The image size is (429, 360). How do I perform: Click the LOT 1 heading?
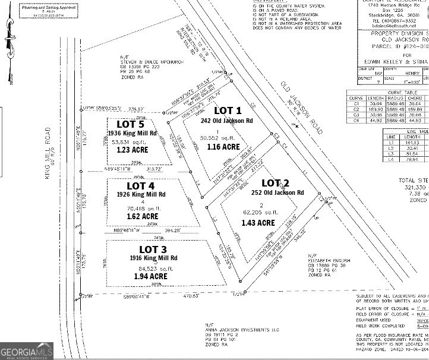(x=228, y=110)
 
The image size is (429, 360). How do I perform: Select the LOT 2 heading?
(x=275, y=182)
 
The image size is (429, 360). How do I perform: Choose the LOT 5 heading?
(x=130, y=124)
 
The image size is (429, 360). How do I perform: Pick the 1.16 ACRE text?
(x=223, y=147)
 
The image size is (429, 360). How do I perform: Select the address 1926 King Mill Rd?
(x=141, y=194)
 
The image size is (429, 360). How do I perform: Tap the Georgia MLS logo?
(x=27, y=351)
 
